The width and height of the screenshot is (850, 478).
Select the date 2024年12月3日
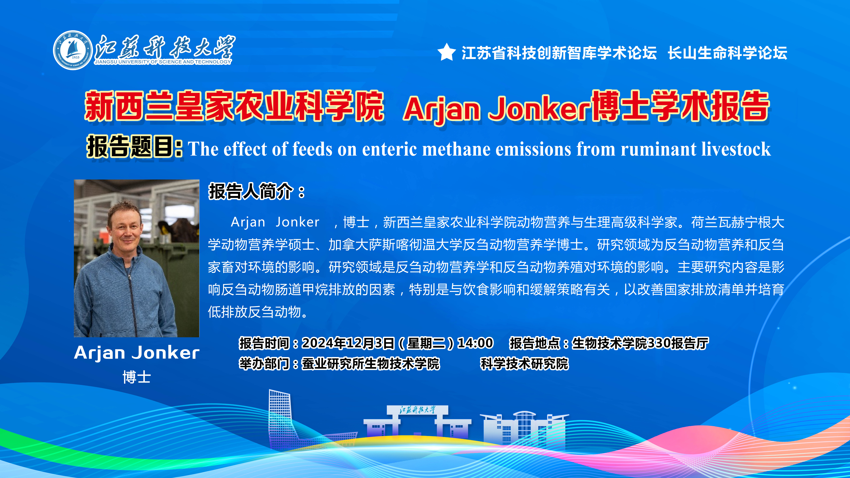pyautogui.click(x=348, y=343)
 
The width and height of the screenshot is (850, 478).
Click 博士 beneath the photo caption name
pyautogui.click(x=137, y=377)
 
